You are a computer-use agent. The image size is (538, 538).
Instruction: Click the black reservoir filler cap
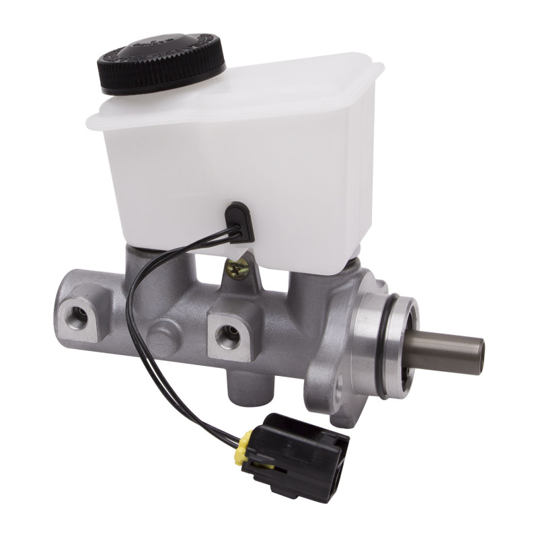point(162,61)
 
